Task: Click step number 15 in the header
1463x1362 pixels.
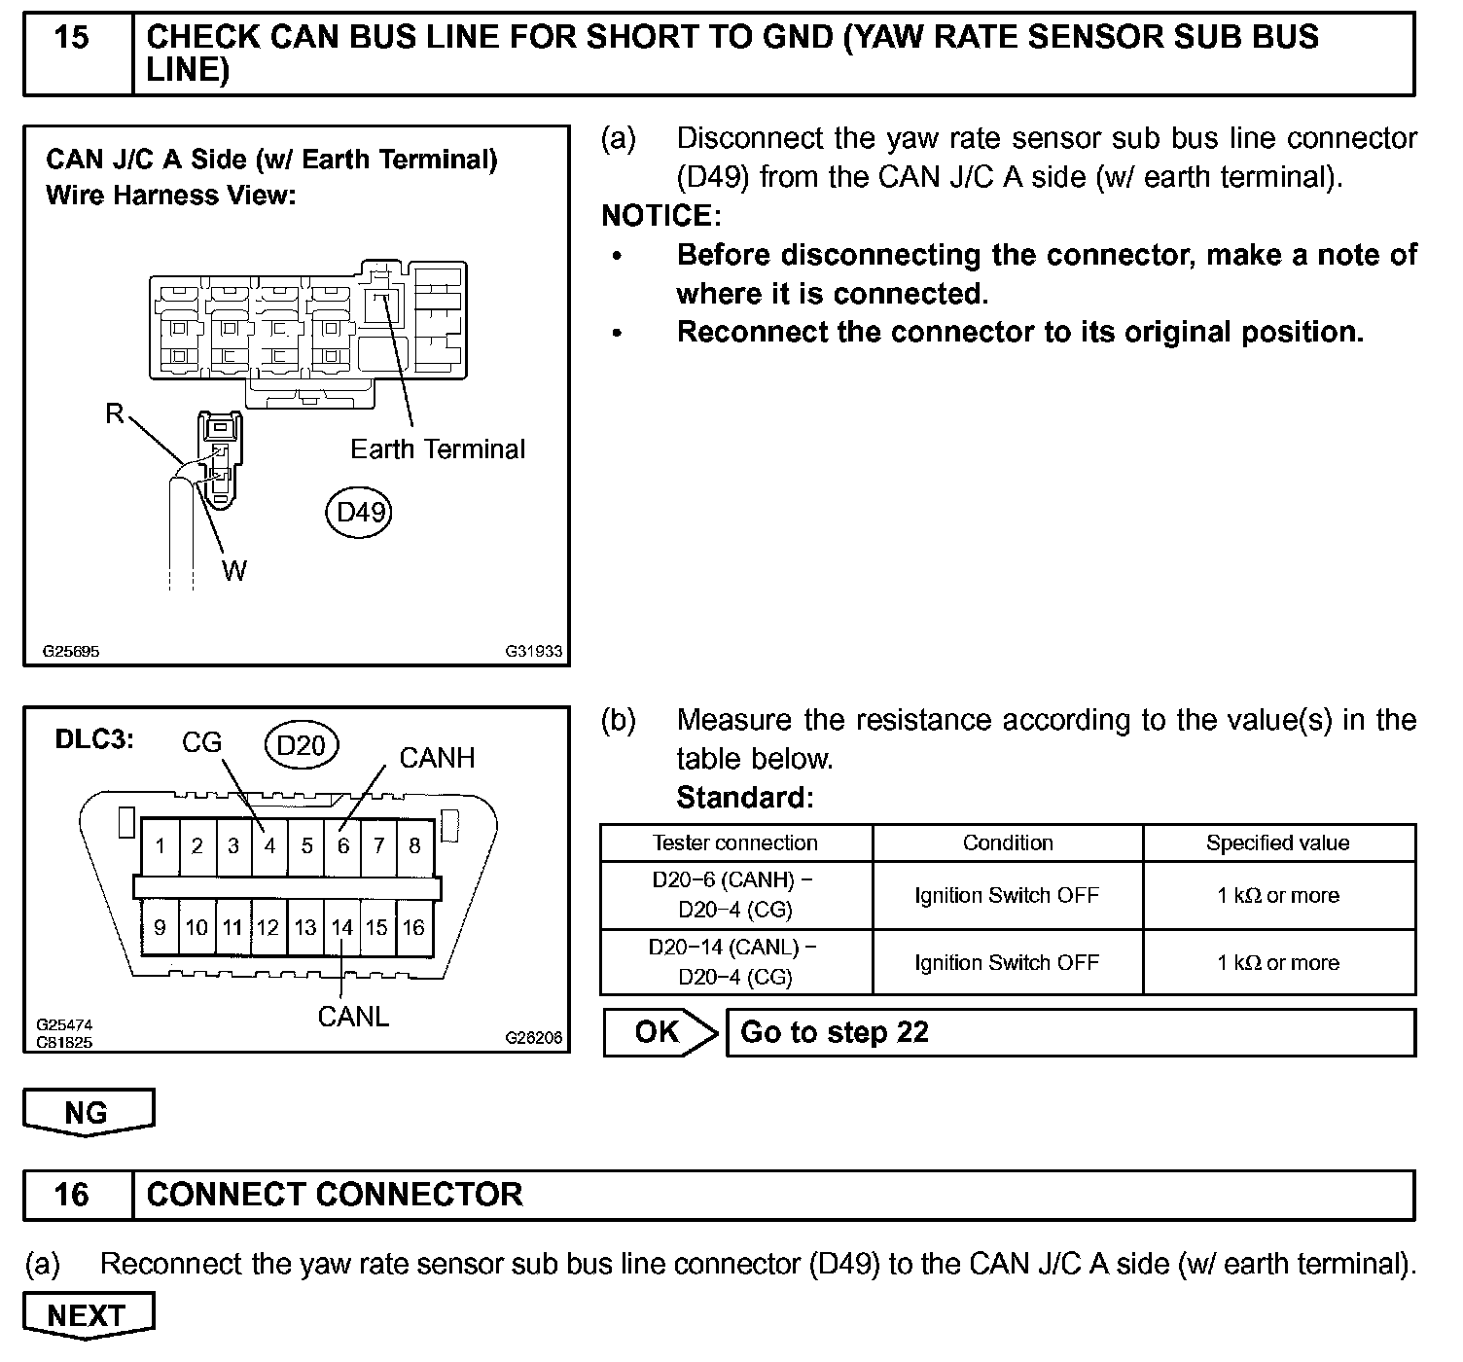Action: [x=72, y=39]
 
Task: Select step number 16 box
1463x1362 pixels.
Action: [x=72, y=1195]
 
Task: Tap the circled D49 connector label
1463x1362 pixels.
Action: [x=359, y=512]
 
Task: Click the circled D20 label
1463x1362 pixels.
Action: [x=301, y=745]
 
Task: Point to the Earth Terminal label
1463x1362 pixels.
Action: [x=437, y=449]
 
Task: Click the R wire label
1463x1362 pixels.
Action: [x=115, y=414]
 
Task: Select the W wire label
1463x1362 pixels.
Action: [x=233, y=571]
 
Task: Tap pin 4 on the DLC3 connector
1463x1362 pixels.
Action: [x=269, y=846]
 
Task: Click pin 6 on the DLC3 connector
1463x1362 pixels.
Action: [x=342, y=846]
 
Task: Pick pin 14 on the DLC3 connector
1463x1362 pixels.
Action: [x=341, y=928]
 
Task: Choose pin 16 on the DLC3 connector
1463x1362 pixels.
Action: [x=413, y=928]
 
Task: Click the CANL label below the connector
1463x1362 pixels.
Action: [x=353, y=1017]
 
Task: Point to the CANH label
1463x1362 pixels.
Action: [x=437, y=758]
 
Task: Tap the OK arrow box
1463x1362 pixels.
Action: [x=659, y=1032]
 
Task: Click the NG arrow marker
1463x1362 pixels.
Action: [x=88, y=1113]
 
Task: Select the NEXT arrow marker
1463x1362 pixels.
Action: [x=87, y=1316]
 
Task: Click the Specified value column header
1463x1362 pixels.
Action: [x=1277, y=843]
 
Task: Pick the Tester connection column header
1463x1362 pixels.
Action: [x=735, y=843]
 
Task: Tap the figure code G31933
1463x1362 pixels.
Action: [x=533, y=652]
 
